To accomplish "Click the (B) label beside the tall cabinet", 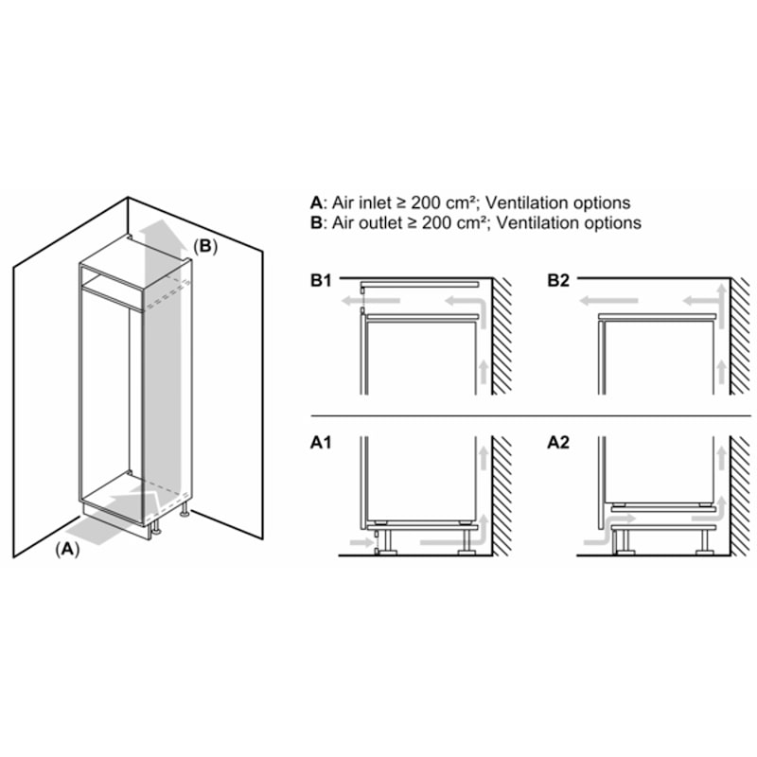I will [x=205, y=246].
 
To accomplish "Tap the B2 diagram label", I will [x=558, y=281].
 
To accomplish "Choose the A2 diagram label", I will [x=558, y=440].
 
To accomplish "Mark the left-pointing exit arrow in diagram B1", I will [x=356, y=303].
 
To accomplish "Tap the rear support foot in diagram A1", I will [x=466, y=542].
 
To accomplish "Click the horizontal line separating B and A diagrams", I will [x=530, y=416].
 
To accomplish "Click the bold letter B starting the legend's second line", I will [x=315, y=223].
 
